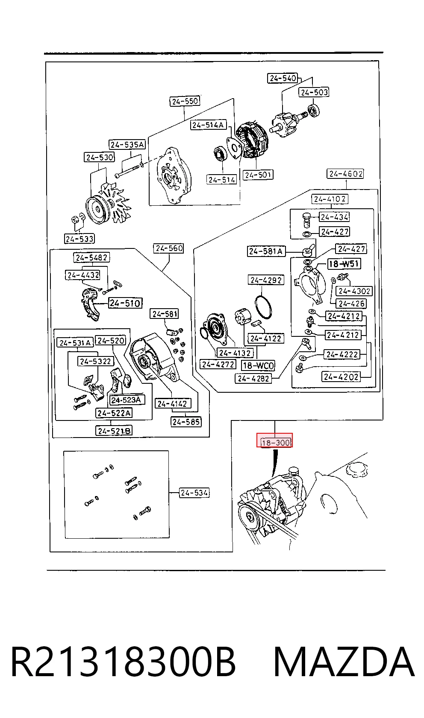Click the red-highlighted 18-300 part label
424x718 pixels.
(274, 440)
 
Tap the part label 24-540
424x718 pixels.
(283, 78)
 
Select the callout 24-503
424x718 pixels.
(314, 92)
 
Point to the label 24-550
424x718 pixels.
(185, 101)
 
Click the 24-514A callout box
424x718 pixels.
(209, 125)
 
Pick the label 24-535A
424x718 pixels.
(127, 145)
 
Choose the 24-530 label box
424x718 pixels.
(100, 158)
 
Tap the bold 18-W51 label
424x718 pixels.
(344, 264)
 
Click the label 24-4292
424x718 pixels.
(266, 280)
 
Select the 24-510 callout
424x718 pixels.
(125, 303)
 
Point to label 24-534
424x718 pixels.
(194, 493)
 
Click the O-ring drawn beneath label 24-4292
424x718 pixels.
(263, 308)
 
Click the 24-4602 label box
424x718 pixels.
(345, 174)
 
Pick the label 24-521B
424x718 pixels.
(114, 431)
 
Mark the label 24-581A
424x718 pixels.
(266, 251)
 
